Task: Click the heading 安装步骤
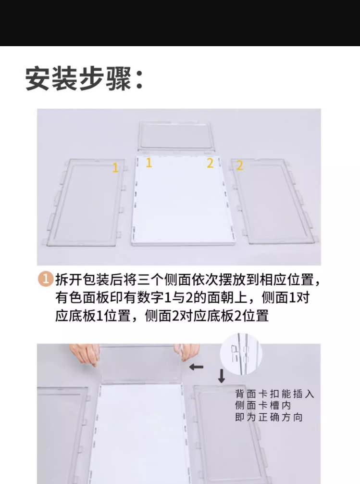pos(78,79)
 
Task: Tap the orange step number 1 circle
pos(46,279)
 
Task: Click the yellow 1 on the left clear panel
pos(115,168)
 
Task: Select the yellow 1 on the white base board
pos(149,162)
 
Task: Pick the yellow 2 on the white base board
pos(210,163)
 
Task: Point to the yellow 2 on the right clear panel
pos(240,166)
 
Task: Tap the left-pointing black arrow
pos(196,367)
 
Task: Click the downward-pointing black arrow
pos(222,376)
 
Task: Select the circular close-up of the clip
pos(241,354)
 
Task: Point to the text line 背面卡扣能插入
pos(274,394)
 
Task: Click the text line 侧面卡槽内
pos(263,405)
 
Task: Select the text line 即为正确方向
pos(269,417)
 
